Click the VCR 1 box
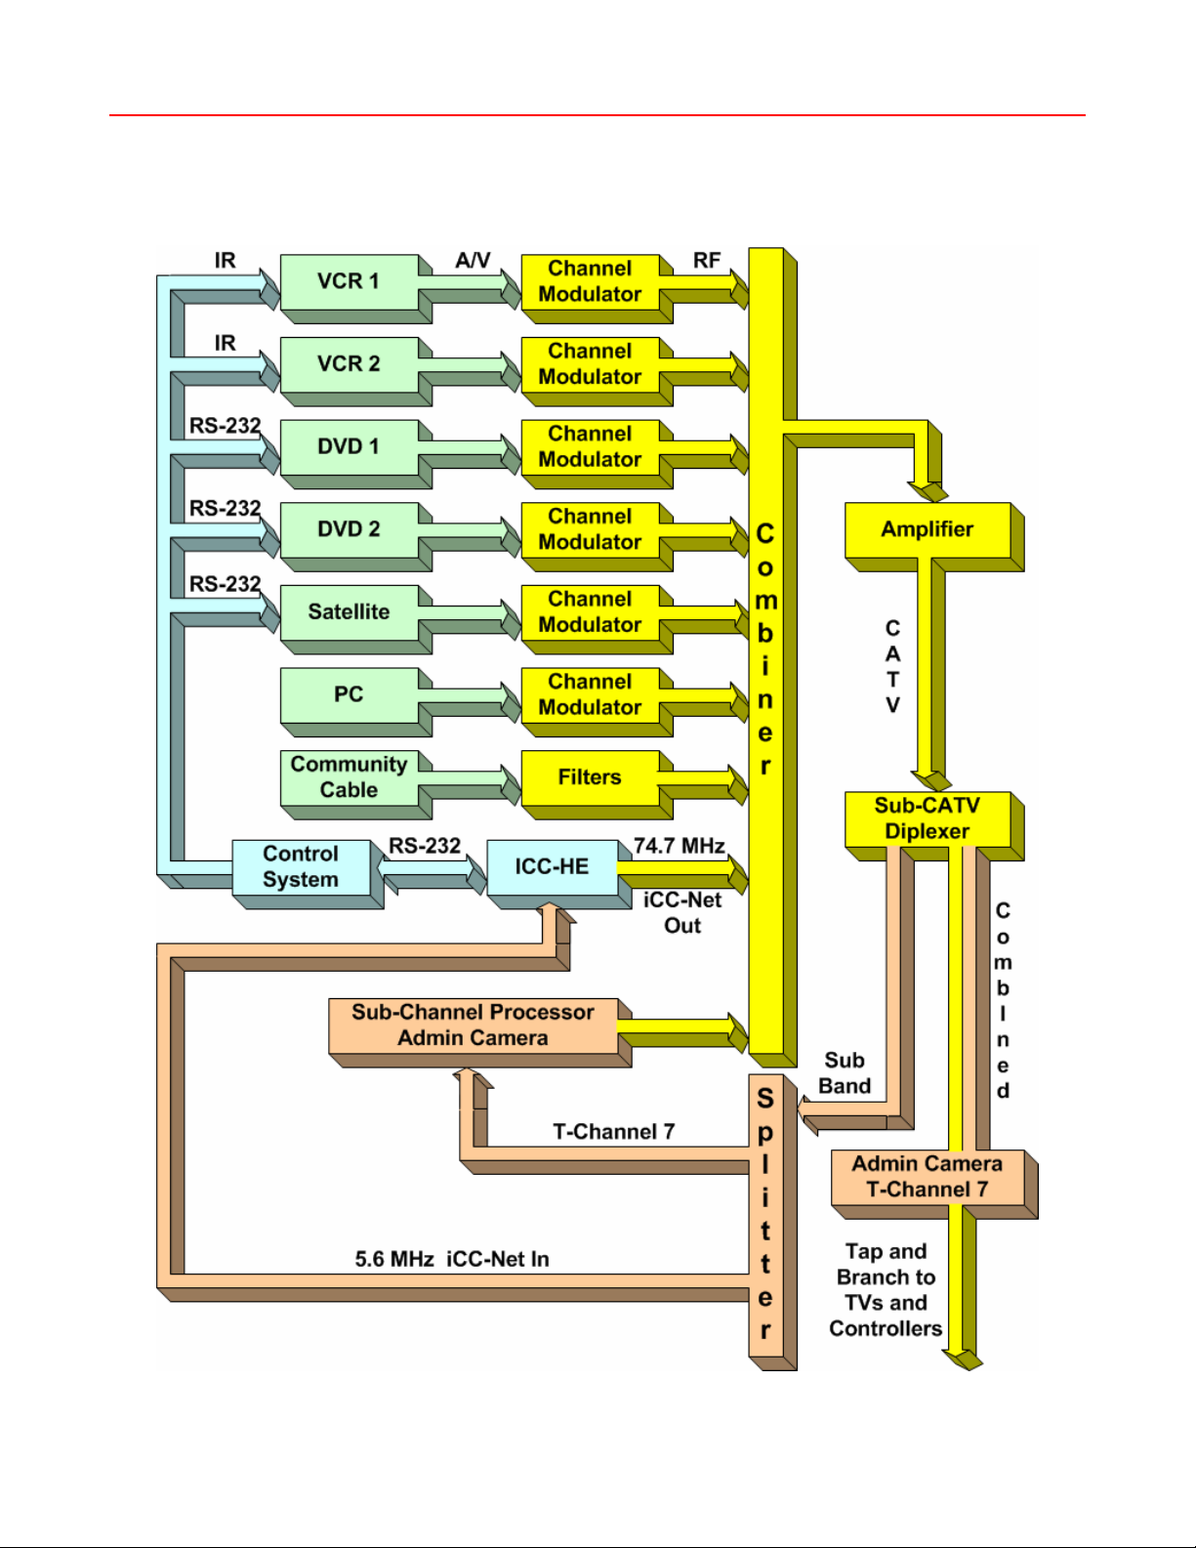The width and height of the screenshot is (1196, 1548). (349, 281)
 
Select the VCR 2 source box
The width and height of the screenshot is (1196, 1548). (349, 364)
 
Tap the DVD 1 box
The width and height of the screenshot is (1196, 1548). (349, 446)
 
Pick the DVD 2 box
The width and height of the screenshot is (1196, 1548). (349, 529)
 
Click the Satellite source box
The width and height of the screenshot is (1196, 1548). (349, 612)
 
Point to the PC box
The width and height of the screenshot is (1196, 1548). (349, 694)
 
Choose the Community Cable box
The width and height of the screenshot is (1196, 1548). (349, 777)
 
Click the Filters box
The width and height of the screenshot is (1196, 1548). (590, 777)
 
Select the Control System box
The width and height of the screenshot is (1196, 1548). (301, 867)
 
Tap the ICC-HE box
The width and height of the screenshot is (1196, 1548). (553, 867)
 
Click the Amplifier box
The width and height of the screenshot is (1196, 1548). (928, 529)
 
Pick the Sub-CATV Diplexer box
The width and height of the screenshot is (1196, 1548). (928, 818)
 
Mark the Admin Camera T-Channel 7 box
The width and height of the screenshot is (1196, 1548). (928, 1177)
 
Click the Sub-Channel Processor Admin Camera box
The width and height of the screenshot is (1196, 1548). (474, 1025)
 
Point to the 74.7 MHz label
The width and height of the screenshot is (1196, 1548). (680, 846)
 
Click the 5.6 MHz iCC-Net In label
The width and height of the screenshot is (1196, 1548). (452, 1260)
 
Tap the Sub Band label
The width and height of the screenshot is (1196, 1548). (845, 1073)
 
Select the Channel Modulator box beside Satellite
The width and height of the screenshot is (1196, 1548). (590, 612)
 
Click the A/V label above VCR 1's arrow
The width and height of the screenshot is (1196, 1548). (473, 260)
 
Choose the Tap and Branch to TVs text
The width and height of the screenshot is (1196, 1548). (886, 1277)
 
